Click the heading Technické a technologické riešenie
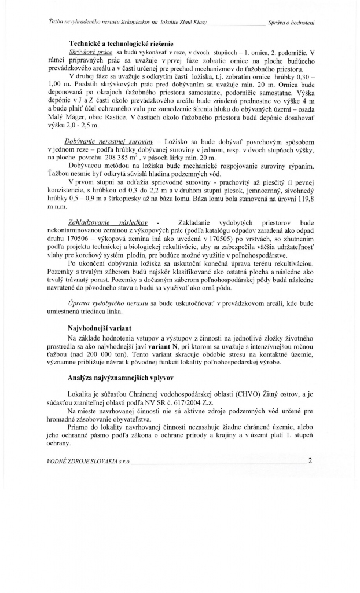click(x=122, y=44)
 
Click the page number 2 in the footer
click(x=310, y=461)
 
